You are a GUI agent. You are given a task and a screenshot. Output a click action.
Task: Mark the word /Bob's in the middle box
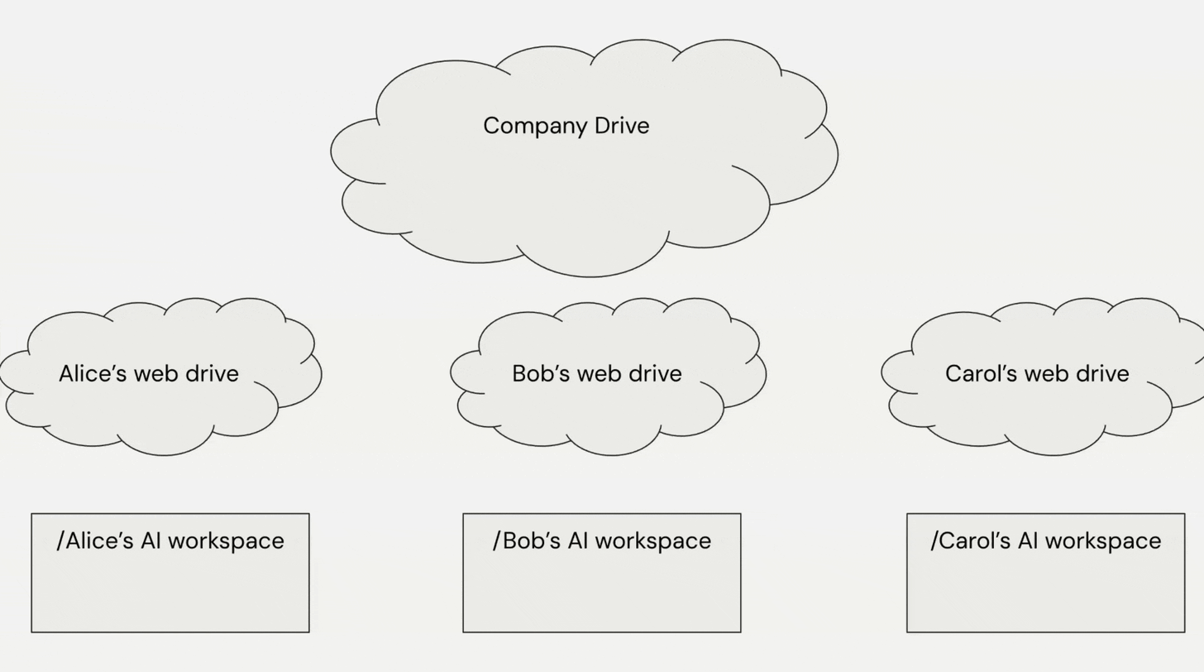pos(520,541)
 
